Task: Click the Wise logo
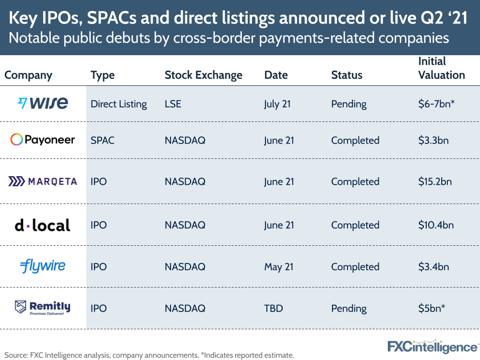coord(43,103)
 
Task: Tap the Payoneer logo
coord(43,140)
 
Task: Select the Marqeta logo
coord(42,181)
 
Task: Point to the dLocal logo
coord(42,225)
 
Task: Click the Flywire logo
coord(43,266)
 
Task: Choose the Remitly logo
coord(43,308)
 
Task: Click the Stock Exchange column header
coord(204,75)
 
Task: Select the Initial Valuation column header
coord(442,68)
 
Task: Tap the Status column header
coord(347,75)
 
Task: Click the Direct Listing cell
coord(119,104)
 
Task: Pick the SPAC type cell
coord(102,140)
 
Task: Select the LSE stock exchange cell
coord(173,104)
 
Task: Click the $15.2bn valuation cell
coord(435,182)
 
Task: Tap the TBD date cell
coord(273,308)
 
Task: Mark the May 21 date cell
coord(278,267)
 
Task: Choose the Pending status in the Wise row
coord(348,104)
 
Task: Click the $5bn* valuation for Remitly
coord(431,308)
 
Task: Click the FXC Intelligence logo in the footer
coord(432,346)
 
